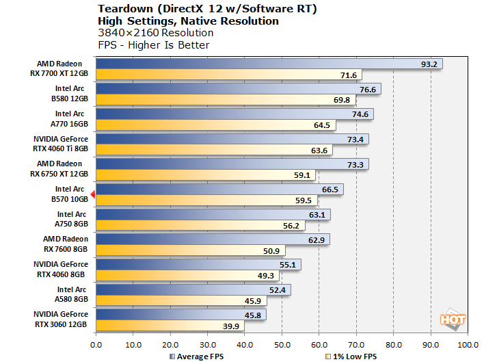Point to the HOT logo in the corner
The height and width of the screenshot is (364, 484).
(x=453, y=319)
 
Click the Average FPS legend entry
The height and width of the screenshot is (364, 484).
(x=198, y=356)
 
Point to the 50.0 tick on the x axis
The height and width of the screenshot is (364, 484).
(x=282, y=344)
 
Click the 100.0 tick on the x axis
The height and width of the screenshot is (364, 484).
(x=468, y=344)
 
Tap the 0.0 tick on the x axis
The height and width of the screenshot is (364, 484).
(x=96, y=344)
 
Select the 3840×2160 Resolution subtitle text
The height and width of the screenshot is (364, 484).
(x=156, y=33)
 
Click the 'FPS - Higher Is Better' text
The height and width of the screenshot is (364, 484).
(x=154, y=45)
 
